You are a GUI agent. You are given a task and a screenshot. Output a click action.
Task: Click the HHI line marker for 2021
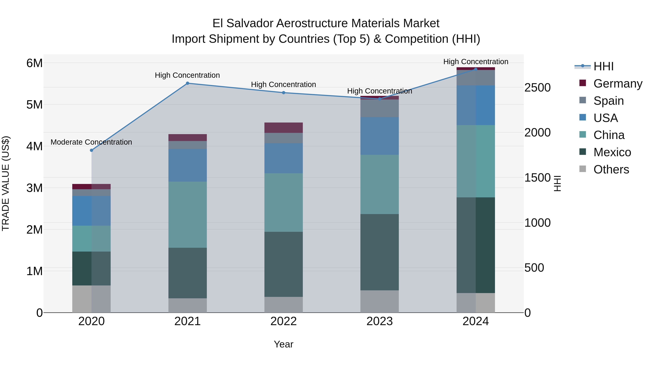[188, 83]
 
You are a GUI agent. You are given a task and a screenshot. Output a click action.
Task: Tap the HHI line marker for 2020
[92, 150]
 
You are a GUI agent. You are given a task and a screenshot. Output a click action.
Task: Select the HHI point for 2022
[283, 93]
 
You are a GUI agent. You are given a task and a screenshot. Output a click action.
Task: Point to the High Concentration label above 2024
[476, 62]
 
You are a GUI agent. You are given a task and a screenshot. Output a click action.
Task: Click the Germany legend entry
[618, 83]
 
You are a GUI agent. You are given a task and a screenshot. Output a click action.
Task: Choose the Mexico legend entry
[612, 152]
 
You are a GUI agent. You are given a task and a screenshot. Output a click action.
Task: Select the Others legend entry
[611, 169]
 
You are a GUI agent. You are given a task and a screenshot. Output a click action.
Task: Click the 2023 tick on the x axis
[379, 321]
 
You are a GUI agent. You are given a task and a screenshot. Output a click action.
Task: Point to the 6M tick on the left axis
[34, 63]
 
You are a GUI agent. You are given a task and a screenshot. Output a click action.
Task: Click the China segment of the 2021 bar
[188, 215]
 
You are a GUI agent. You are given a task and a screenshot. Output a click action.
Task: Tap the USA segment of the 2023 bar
[379, 136]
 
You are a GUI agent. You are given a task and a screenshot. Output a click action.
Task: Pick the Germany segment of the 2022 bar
[283, 128]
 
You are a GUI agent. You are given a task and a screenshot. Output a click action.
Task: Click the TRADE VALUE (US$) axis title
[6, 183]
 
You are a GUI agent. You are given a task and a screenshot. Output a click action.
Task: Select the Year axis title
[283, 344]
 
